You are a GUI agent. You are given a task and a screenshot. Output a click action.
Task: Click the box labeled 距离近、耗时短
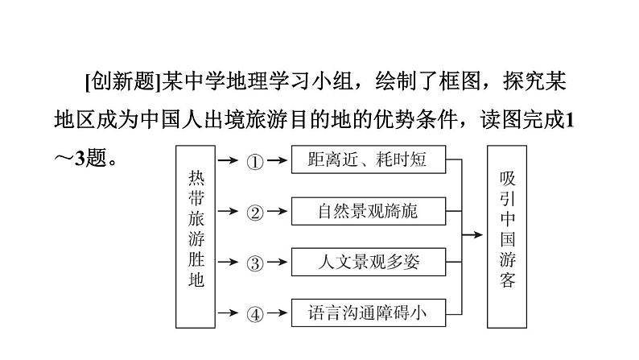tap(368, 159)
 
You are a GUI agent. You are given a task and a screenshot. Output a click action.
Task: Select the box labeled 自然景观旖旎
tap(368, 211)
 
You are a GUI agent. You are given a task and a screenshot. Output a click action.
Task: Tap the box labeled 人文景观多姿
tap(368, 262)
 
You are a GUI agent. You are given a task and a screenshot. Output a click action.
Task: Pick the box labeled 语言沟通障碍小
tap(368, 312)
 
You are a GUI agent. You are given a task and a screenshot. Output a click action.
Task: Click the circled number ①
tap(254, 161)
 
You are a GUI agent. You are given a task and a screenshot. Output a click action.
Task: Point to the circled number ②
tap(254, 212)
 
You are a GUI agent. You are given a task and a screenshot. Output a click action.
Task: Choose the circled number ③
tap(254, 263)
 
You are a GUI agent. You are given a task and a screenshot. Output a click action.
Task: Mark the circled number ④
tap(254, 313)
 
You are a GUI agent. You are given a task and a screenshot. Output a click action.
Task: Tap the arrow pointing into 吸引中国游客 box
tap(473, 235)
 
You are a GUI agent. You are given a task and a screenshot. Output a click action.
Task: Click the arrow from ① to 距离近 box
tap(277, 160)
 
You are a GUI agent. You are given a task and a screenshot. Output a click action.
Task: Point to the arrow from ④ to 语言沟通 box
tap(277, 312)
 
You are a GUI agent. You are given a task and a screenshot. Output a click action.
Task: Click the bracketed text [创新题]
tap(122, 81)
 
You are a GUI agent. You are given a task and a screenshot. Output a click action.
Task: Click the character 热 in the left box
tap(196, 178)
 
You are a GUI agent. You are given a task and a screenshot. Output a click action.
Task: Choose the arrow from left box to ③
tap(229, 263)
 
